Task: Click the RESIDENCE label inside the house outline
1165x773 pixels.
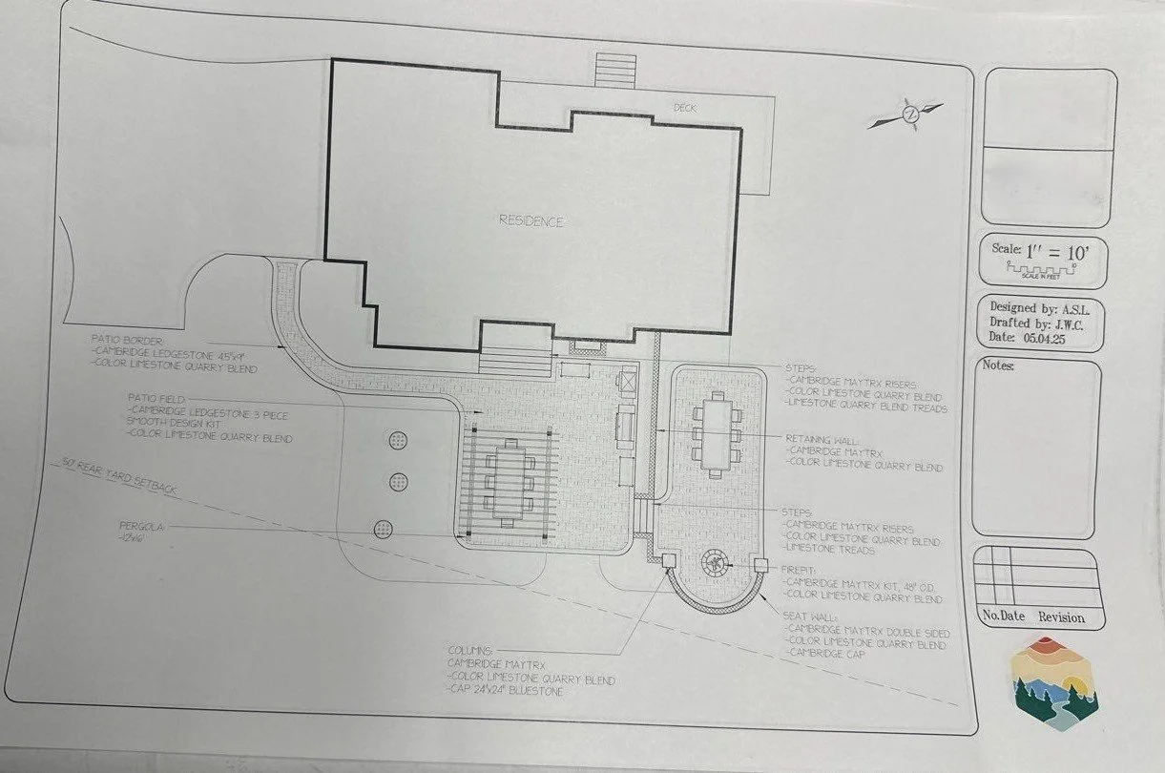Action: pyautogui.click(x=531, y=221)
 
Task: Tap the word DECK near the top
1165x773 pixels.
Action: pyautogui.click(x=685, y=109)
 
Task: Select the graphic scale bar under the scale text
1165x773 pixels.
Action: pyautogui.click(x=1044, y=271)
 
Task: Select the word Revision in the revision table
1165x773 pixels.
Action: pyautogui.click(x=1061, y=617)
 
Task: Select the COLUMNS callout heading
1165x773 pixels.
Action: pyautogui.click(x=469, y=649)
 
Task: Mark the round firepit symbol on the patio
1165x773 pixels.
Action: pyautogui.click(x=713, y=562)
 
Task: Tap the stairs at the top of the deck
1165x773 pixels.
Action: pyautogui.click(x=615, y=69)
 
